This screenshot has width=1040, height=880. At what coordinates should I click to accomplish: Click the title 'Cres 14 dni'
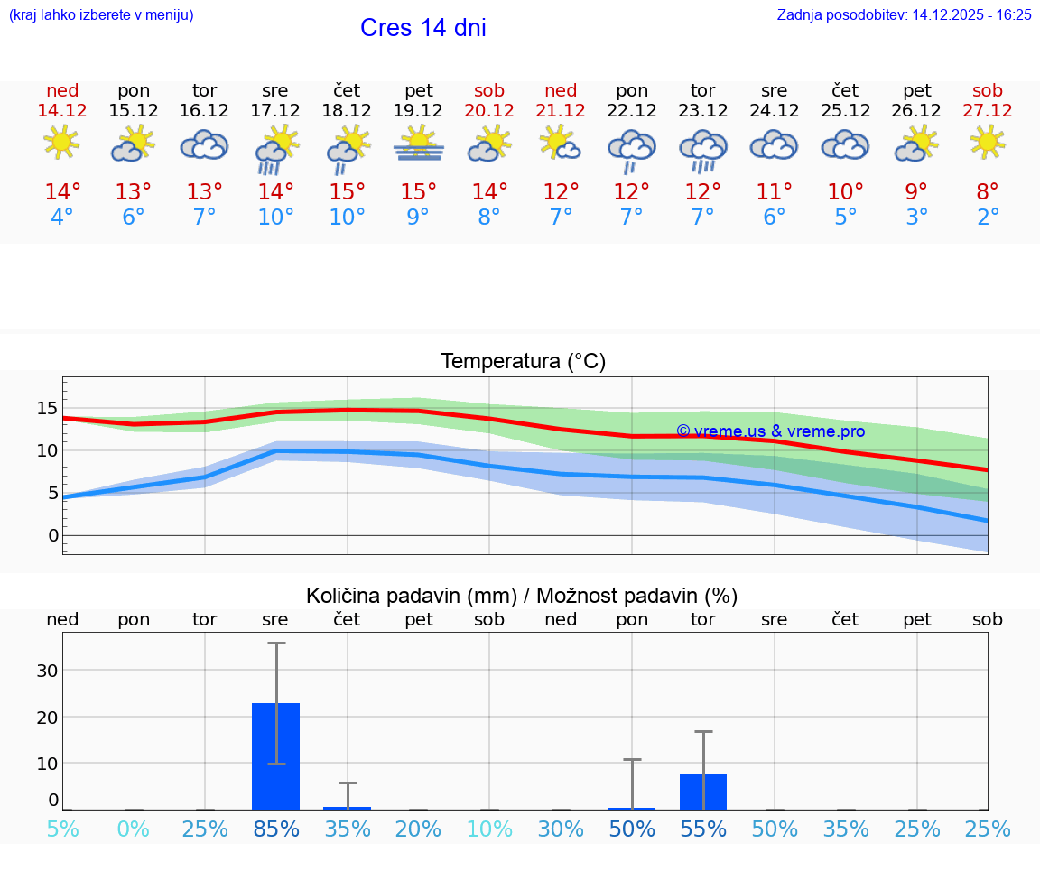click(x=422, y=28)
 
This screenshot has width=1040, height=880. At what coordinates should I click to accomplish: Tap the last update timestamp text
click(x=904, y=14)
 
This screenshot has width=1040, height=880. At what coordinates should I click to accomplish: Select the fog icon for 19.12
click(x=418, y=144)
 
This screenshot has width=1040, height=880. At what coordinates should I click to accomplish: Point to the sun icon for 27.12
click(x=988, y=143)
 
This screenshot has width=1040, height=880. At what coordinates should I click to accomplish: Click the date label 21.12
click(x=560, y=111)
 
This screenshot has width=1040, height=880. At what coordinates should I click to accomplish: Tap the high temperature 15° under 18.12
click(x=347, y=192)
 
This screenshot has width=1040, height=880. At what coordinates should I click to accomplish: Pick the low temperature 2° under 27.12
click(x=988, y=218)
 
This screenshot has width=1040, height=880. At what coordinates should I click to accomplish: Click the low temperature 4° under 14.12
click(x=62, y=218)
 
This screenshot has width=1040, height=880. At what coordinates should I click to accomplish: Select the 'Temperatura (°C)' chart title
click(x=523, y=362)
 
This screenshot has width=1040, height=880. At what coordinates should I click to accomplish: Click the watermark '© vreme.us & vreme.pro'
click(x=770, y=431)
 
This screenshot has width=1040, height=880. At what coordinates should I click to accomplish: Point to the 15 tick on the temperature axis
click(x=47, y=408)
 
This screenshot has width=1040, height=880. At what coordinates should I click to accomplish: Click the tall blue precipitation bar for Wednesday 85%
click(x=275, y=756)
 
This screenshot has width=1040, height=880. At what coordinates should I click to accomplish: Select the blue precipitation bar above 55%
click(x=703, y=792)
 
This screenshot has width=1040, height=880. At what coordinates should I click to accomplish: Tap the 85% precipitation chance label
click(x=275, y=829)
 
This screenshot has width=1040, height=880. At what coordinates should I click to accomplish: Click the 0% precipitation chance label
click(x=134, y=829)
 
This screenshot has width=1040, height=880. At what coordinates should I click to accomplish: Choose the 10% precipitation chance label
click(x=489, y=829)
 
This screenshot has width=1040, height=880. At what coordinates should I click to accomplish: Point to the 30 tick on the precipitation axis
click(x=47, y=671)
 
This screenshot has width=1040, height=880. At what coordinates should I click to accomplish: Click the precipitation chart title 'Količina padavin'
click(x=411, y=596)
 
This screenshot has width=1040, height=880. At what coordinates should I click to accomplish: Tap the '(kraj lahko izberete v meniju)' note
click(x=101, y=14)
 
